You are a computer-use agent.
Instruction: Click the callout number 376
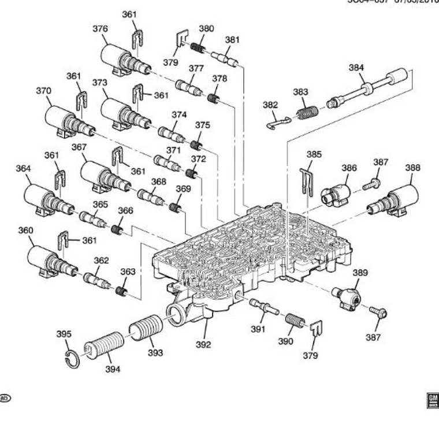[101, 28]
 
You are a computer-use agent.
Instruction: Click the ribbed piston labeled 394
[105, 347]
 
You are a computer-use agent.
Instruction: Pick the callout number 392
[203, 345]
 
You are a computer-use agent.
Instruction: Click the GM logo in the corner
[432, 400]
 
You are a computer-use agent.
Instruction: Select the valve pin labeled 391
[263, 306]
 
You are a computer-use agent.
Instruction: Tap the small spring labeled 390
[295, 320]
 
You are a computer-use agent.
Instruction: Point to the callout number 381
[232, 40]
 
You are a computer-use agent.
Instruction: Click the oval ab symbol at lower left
[5, 398]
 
